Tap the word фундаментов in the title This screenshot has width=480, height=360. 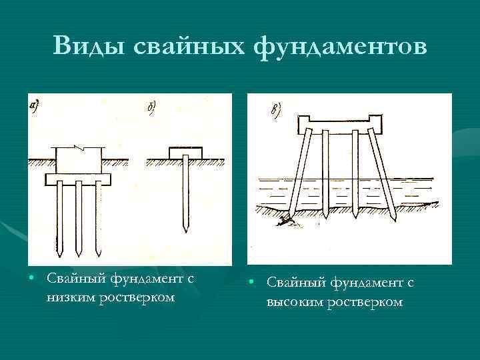341,47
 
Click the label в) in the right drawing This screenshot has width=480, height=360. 275,109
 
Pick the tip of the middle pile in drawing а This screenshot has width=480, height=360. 78,254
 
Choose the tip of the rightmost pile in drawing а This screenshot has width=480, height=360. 97,254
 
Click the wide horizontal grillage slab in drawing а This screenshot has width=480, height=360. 78,178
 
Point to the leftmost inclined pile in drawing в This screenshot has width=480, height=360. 299,173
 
